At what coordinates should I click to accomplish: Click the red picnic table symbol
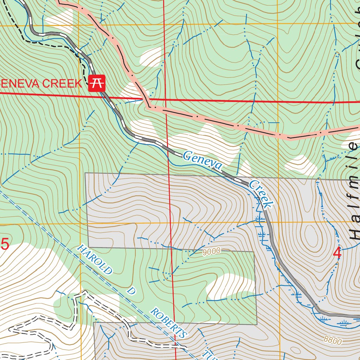tap(97, 83)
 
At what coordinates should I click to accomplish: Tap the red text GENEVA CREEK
tap(40, 84)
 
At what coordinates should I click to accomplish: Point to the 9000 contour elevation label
tap(211, 251)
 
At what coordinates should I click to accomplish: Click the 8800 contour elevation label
tap(333, 340)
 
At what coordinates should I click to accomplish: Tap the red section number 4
tap(337, 253)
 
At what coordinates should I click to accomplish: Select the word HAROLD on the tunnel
tap(95, 260)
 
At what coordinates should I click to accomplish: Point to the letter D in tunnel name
tap(131, 291)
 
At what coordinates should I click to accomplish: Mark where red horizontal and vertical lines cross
tap(165, 99)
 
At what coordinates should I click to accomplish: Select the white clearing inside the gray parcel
tap(230, 285)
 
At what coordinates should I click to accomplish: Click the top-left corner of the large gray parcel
tap(86, 173)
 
